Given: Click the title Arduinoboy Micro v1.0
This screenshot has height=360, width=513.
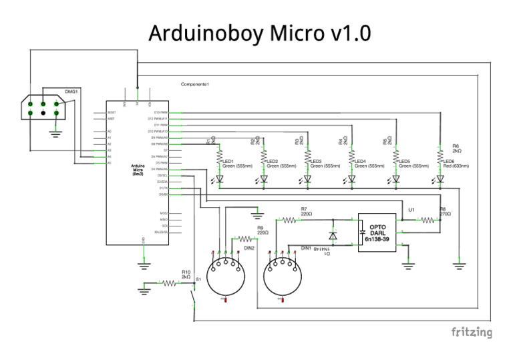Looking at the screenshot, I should click(259, 33).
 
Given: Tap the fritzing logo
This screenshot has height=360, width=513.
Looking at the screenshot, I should click(472, 332).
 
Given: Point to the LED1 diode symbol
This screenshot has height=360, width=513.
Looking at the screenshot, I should click(220, 178).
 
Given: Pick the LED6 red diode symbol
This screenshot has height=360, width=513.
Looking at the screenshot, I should click(440, 178).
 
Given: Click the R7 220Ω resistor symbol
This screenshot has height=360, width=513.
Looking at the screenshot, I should click(289, 219).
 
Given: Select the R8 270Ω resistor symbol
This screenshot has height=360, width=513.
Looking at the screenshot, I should click(428, 219).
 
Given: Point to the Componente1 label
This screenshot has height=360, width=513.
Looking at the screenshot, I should click(195, 84).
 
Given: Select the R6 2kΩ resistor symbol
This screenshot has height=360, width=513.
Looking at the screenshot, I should click(440, 155).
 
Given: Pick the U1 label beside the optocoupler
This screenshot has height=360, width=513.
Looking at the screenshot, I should click(411, 210).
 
